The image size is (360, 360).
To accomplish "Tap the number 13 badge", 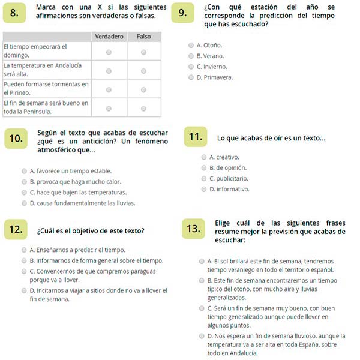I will (193, 229).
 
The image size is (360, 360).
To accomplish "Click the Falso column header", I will (143, 37).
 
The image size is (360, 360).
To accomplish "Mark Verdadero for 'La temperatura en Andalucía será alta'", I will (109, 70).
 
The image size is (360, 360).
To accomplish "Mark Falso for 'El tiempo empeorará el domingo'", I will (144, 52).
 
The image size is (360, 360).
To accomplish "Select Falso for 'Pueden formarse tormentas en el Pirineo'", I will (144, 89).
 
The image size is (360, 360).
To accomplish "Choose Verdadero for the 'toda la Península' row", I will (109, 108).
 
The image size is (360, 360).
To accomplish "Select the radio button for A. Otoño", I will (191, 45).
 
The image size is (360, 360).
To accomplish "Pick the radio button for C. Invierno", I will (191, 67).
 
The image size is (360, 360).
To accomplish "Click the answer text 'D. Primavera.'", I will (214, 77).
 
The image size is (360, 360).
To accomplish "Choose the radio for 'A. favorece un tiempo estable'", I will (23, 170).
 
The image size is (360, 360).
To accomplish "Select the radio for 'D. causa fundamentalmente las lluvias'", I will (23, 203).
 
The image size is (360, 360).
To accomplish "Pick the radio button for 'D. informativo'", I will (203, 189).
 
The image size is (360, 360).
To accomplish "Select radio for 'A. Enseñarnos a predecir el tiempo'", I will (23, 250).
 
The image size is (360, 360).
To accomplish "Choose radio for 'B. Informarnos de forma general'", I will (23, 260).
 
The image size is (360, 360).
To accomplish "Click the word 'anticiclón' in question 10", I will (97, 142).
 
